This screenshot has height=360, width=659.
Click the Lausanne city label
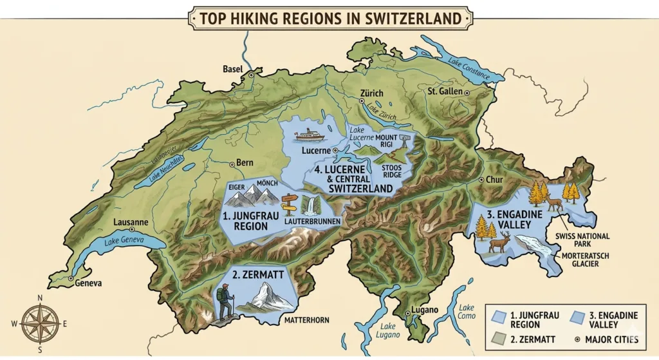click(131, 222)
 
